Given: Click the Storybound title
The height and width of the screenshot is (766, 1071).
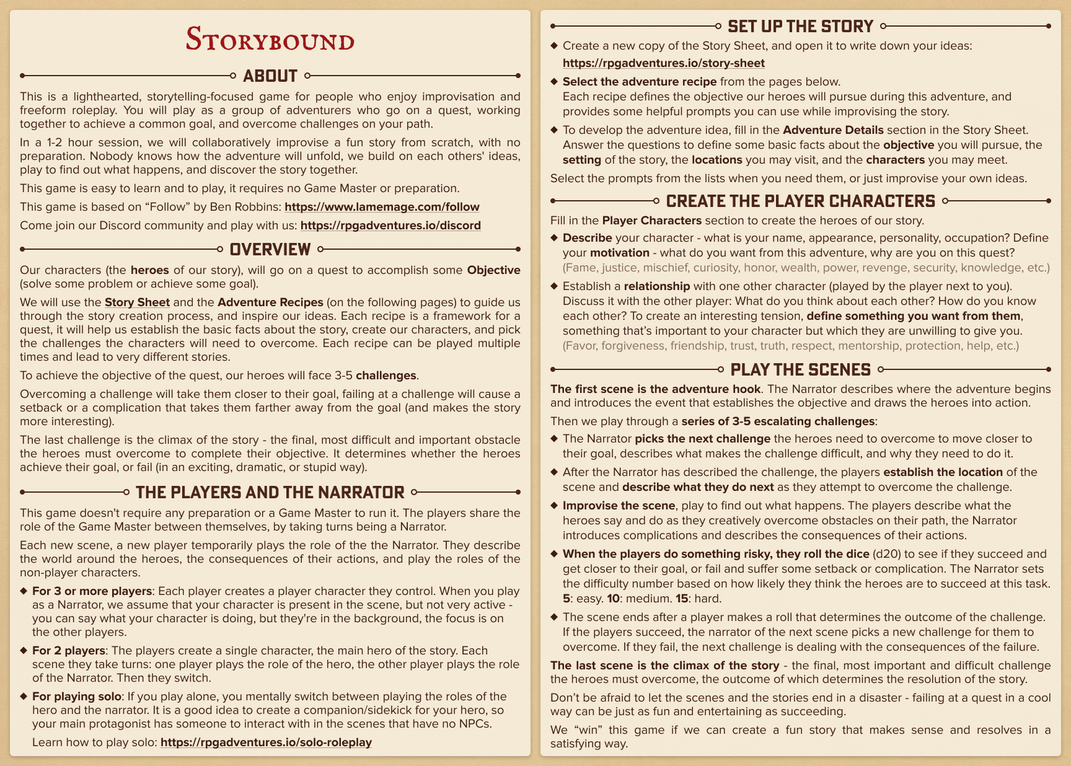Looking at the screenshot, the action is [x=270, y=40].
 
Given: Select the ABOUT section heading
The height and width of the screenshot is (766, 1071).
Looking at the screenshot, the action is [x=270, y=76].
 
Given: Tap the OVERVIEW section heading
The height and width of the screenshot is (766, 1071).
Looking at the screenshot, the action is [x=270, y=250].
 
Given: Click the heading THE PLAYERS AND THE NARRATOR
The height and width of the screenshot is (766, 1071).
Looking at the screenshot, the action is [x=270, y=493].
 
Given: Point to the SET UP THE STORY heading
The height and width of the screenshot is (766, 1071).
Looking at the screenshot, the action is [x=800, y=27].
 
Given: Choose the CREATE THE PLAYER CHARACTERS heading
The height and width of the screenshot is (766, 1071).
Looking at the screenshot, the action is [x=800, y=201].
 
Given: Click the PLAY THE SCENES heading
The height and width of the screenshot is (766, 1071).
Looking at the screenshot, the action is [x=800, y=370].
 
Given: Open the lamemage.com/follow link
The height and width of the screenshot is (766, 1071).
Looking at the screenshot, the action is [x=382, y=207].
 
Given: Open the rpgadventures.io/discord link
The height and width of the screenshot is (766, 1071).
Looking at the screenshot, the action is [x=390, y=226].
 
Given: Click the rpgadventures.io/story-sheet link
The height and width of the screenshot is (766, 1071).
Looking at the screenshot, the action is [x=663, y=63].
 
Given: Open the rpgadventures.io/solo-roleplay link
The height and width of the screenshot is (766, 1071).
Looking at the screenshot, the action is [x=266, y=742].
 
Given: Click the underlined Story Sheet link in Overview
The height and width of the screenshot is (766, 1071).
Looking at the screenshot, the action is [x=137, y=302].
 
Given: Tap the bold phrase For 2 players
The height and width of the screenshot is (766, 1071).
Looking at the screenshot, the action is [x=68, y=651].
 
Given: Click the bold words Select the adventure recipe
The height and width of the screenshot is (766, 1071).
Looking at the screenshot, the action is [x=640, y=82].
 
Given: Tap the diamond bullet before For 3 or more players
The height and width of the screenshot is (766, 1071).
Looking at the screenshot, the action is [x=24, y=591].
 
